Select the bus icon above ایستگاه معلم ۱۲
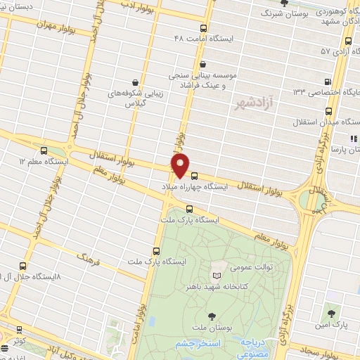click(x=45, y=150)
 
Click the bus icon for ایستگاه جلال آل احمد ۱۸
click(x=23, y=266)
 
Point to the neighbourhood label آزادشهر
click(x=251, y=103)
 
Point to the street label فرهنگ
click(x=89, y=264)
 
